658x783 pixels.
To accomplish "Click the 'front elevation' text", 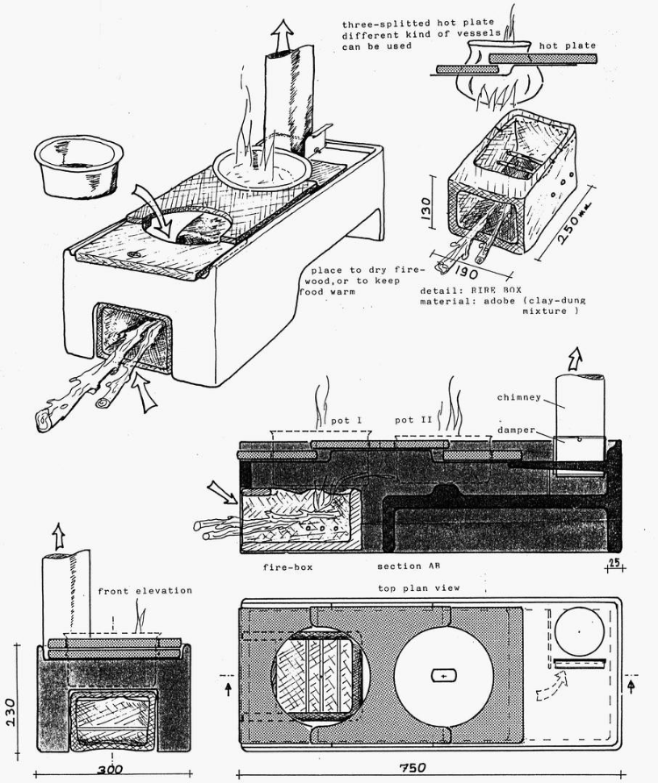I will (145, 591).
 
